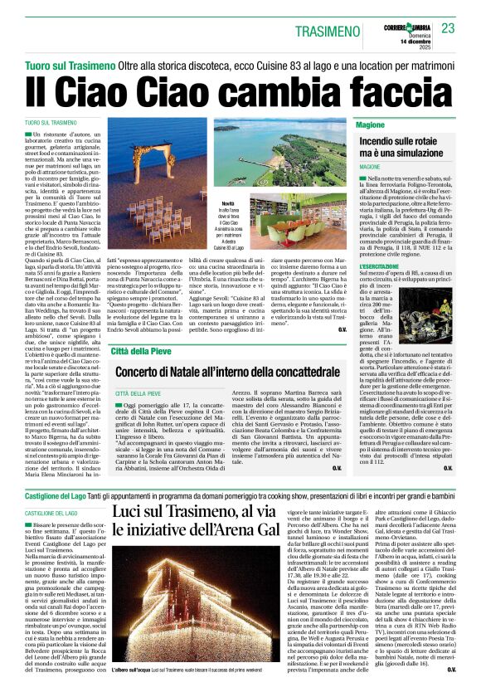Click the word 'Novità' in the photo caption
coord(229,202)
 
